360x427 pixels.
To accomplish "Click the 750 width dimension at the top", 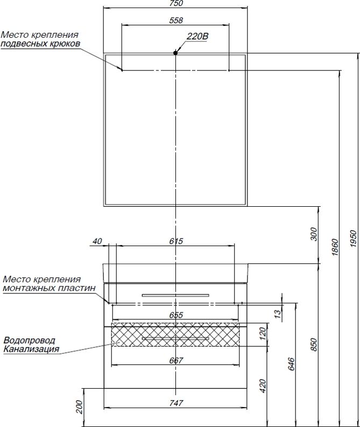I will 176,4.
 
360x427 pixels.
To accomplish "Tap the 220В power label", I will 197,36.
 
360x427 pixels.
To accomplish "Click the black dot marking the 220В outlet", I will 176,53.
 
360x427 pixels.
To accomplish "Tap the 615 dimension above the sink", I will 176,241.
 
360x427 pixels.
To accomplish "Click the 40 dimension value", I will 97,241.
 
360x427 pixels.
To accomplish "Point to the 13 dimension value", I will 278,313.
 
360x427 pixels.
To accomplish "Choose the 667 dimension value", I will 176,360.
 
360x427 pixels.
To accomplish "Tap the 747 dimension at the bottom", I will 176,403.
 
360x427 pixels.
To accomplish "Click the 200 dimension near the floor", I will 80,407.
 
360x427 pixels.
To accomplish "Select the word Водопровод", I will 29,341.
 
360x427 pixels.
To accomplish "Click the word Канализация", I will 31,349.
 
